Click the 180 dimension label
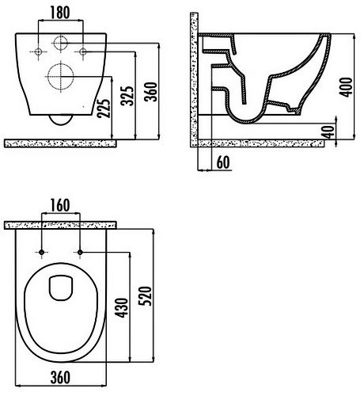point(60,13)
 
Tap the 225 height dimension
point(103,109)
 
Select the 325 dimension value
point(127,96)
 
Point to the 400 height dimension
point(346,87)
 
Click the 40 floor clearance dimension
point(329,132)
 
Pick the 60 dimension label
point(223,162)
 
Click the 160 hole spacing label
point(60,205)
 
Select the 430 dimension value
point(122,308)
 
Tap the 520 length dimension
point(146,296)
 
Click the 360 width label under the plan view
point(60,378)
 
